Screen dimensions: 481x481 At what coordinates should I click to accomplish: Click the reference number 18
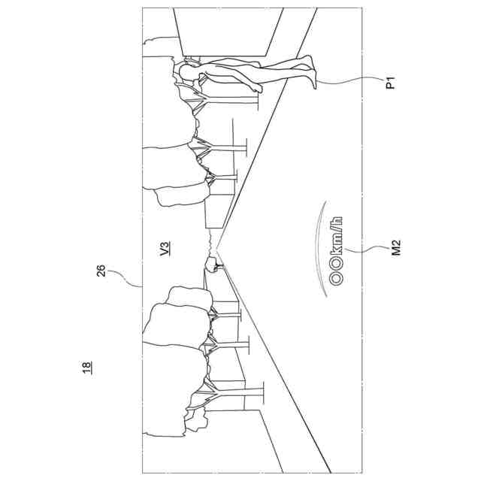coord(87,368)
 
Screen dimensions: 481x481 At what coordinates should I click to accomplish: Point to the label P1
coord(390,83)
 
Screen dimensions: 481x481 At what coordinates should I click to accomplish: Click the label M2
coord(396,248)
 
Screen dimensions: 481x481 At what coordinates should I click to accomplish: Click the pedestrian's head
coord(184,71)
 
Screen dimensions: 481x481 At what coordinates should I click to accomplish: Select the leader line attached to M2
coord(368,250)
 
